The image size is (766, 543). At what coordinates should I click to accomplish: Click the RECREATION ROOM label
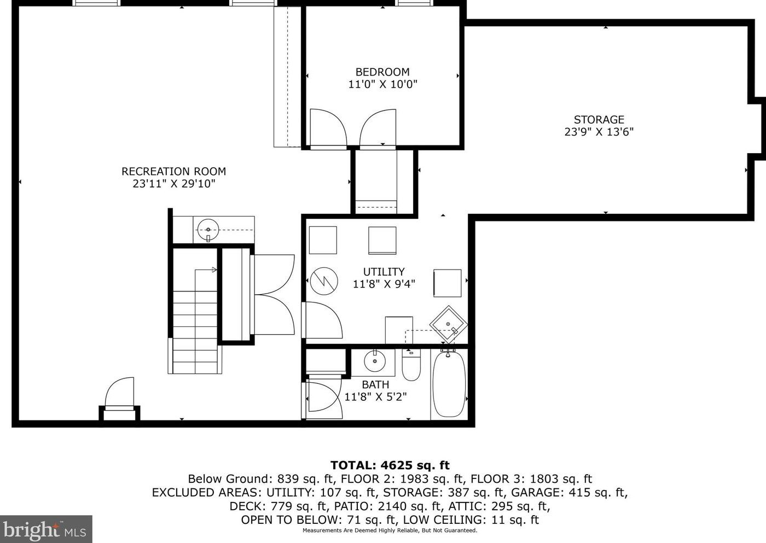point(174,171)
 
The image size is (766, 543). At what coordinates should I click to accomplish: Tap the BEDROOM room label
point(382,72)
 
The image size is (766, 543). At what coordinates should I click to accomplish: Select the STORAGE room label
point(599,120)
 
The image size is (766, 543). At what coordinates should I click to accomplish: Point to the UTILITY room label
point(384,272)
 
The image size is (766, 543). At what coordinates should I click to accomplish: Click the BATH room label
point(375,385)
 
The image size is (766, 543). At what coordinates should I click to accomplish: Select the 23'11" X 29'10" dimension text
point(174,184)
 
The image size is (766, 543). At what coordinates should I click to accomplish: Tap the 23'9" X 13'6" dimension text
point(599,132)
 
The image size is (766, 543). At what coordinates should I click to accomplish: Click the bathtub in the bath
point(449,384)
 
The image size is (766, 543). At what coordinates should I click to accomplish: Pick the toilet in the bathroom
point(411,365)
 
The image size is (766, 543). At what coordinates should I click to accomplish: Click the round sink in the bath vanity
point(375,361)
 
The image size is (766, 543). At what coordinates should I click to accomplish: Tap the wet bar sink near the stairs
point(208,230)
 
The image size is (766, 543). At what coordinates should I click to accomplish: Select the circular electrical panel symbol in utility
point(324,281)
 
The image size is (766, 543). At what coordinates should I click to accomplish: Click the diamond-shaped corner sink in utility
point(448,324)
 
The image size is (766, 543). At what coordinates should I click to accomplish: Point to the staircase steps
point(195,332)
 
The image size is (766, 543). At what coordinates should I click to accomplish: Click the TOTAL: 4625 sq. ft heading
point(390,465)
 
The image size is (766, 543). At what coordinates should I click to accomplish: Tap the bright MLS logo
point(46,529)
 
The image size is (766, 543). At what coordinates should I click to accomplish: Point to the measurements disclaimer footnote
point(390,531)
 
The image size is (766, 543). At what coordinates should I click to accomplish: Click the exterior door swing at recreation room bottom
point(119,392)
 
